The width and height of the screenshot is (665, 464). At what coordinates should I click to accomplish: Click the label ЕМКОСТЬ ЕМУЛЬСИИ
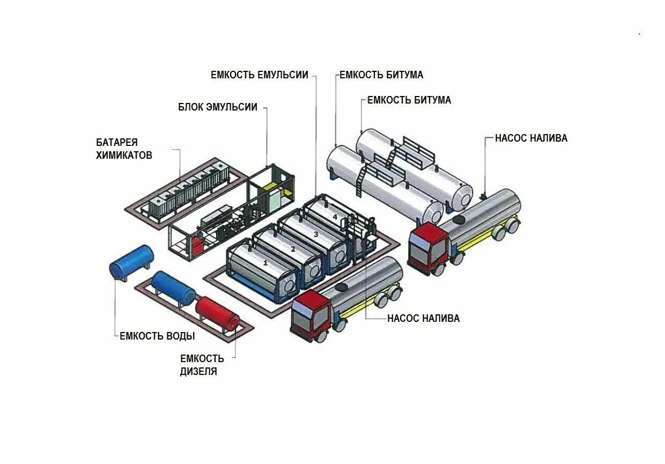tap(260, 75)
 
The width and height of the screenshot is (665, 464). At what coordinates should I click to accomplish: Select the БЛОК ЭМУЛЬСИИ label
tap(218, 107)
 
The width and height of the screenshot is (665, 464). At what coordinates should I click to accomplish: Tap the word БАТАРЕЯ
tap(117, 143)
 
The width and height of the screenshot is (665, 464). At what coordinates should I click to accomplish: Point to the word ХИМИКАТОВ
tap(124, 156)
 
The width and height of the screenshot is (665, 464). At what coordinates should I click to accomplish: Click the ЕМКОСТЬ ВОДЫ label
tap(157, 336)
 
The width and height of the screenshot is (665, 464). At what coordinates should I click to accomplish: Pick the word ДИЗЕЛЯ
tap(198, 371)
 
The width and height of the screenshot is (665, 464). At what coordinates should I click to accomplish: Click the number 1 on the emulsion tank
tap(265, 263)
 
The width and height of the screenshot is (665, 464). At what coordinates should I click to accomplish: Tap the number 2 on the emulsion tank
tap(293, 249)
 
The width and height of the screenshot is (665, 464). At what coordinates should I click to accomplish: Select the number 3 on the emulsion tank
tap(316, 234)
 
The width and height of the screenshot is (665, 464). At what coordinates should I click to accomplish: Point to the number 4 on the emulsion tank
tap(335, 217)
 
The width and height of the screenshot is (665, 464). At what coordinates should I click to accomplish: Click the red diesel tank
tap(217, 315)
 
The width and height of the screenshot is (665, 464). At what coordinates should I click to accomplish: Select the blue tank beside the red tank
tap(173, 288)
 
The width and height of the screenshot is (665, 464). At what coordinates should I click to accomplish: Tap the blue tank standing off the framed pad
tap(131, 262)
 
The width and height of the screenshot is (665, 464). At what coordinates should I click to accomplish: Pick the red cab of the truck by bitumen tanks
tap(427, 249)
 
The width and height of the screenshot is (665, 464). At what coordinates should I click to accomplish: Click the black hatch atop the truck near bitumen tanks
tap(461, 219)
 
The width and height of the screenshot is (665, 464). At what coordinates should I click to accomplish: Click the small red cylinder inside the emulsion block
tap(197, 245)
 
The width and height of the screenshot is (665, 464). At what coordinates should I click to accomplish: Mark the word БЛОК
tap(190, 107)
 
